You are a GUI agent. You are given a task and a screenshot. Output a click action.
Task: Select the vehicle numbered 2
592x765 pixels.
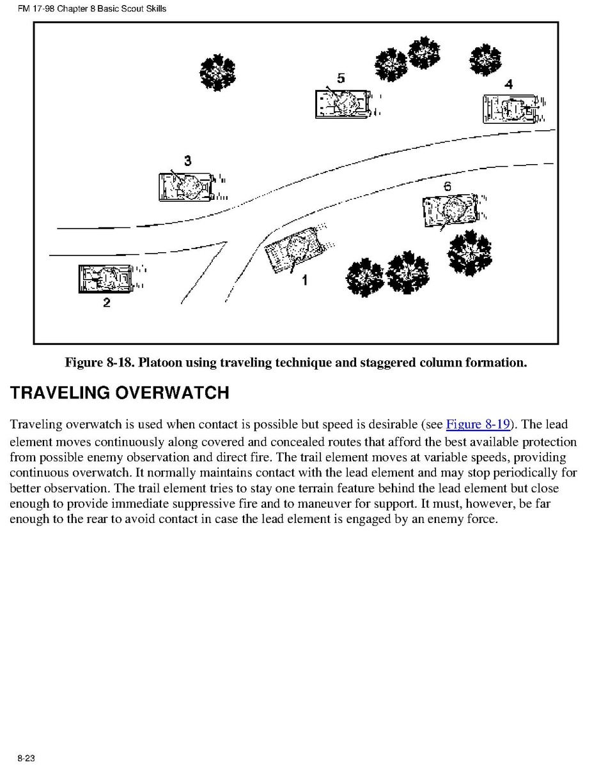click(104, 278)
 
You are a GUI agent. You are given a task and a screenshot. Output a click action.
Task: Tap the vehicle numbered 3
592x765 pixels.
click(184, 186)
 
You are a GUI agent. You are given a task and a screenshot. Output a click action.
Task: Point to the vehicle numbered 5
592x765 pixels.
click(341, 103)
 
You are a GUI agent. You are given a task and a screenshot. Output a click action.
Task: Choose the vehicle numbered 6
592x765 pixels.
click(449, 209)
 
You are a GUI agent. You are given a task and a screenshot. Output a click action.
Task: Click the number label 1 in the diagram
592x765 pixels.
click(305, 280)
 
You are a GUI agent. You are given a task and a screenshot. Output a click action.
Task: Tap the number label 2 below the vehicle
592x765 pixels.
click(107, 303)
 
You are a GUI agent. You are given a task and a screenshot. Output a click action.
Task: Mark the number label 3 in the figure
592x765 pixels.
click(187, 161)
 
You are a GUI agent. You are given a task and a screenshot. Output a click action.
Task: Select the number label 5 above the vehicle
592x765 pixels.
click(341, 79)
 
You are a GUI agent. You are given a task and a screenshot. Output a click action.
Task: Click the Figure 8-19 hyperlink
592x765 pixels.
click(476, 425)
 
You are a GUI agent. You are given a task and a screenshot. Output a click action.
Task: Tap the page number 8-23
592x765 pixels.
click(26, 758)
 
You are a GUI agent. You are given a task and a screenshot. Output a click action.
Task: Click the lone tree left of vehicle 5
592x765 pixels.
click(217, 72)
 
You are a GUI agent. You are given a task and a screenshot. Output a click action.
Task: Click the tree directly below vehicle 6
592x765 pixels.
click(470, 253)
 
